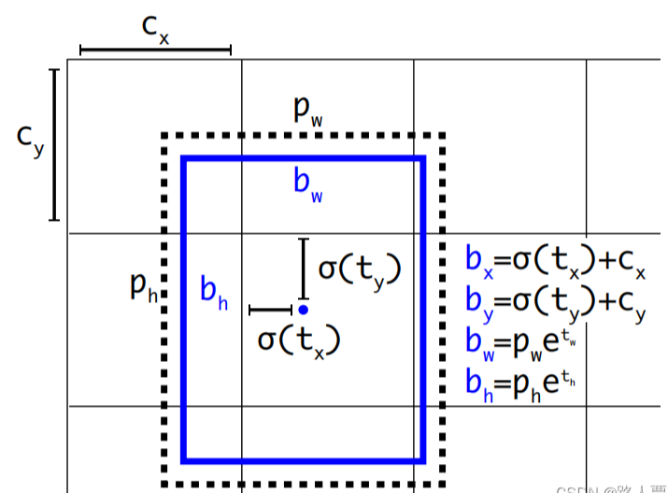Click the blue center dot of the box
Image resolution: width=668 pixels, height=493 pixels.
(303, 309)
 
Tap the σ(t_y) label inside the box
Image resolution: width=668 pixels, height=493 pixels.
(360, 269)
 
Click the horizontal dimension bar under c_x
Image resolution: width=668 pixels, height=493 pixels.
(155, 50)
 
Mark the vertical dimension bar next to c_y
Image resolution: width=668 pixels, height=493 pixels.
(54, 144)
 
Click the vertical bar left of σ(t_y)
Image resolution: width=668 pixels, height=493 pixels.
(303, 267)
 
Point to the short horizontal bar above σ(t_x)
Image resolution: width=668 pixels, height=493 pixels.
(272, 309)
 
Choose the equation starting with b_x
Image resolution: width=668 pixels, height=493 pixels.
(555, 261)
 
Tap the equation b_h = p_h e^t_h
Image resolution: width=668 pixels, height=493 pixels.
(519, 383)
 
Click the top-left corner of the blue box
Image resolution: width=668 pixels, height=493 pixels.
(185, 160)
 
